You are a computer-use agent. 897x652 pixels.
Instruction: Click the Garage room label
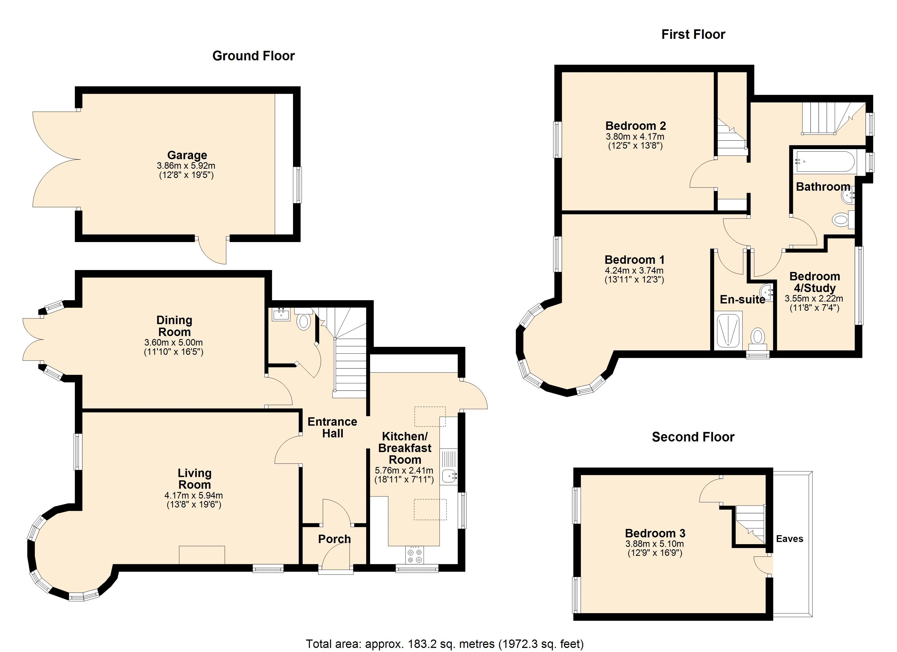(187, 155)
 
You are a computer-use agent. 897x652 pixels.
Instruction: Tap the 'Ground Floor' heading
(254, 56)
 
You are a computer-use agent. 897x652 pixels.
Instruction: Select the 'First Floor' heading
(693, 35)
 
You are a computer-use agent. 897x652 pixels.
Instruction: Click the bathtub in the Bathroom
(825, 161)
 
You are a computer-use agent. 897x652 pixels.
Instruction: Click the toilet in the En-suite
(758, 339)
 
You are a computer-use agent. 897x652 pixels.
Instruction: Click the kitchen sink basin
(448, 477)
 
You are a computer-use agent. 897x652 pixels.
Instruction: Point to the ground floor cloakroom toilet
(303, 319)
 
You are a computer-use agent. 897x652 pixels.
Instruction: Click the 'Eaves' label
(789, 538)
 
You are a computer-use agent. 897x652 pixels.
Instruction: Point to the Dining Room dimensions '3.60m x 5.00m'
(174, 342)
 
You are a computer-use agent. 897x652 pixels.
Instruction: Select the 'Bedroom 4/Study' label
(815, 282)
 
